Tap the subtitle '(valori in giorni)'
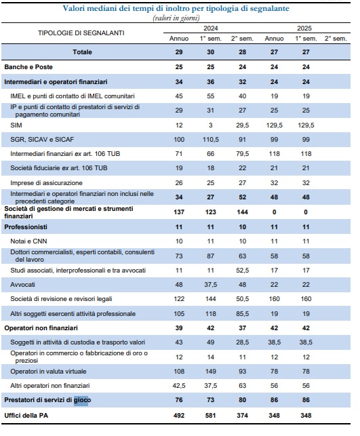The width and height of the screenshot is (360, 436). point(176,18)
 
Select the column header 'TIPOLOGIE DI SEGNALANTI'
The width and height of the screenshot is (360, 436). point(81,33)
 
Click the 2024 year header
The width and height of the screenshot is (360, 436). point(210,28)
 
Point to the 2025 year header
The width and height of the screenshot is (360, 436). point(304,28)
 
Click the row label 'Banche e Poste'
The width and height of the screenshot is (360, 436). point(28,67)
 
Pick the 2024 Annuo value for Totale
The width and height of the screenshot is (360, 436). point(179,52)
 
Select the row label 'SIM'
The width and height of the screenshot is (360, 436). point(16,125)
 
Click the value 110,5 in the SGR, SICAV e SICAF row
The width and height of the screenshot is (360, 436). point(210,140)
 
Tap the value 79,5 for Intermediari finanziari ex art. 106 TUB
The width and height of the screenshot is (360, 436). point(243,154)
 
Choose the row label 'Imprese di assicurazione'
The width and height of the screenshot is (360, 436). point(46,183)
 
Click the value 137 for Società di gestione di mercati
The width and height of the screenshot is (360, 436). point(179,212)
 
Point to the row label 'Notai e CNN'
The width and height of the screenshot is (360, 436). point(28,241)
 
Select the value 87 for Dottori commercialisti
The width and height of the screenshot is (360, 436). point(210,256)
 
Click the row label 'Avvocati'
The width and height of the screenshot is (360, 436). point(22,285)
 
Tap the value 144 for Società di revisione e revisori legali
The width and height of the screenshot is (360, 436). point(210,299)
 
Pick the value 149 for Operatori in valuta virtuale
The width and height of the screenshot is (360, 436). point(210,372)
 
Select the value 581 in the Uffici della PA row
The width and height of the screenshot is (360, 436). point(210,416)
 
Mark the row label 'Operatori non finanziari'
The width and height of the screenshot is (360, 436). point(41,328)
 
